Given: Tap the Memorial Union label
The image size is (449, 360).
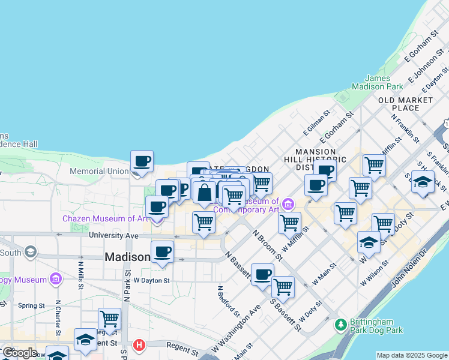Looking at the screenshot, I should [x=99, y=171].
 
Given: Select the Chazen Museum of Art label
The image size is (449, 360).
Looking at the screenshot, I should [x=105, y=218].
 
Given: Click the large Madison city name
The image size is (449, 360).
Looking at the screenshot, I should [x=127, y=257].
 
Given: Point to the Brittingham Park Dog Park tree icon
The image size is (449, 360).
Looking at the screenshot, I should [x=341, y=325].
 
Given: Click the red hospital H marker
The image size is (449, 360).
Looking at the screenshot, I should [x=139, y=345].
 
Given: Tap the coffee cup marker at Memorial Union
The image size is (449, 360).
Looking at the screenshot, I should [x=142, y=161].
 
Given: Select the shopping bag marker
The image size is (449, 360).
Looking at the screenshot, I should [x=204, y=193].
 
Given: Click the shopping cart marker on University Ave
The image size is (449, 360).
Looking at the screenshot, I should [x=203, y=222].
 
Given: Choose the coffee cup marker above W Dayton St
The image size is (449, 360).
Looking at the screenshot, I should [x=162, y=251].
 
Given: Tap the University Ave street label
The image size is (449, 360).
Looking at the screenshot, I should [x=114, y=235].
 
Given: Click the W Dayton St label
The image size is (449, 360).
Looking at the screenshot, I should [x=151, y=280].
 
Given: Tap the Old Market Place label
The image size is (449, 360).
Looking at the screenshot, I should [x=405, y=104].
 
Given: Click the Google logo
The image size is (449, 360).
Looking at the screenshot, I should [x=19, y=353].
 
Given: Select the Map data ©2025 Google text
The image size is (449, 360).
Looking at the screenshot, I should [x=412, y=355].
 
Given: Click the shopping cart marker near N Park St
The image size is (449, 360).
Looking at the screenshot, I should [x=109, y=319].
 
